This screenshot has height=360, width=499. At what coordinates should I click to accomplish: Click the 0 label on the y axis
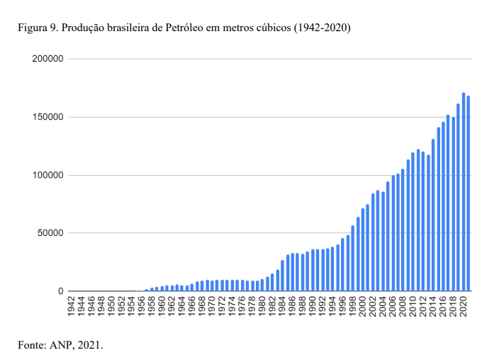tap(61, 291)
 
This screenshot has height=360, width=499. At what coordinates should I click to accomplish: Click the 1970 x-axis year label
tap(213, 305)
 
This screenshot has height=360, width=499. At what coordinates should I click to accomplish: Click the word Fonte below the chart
tap(31, 345)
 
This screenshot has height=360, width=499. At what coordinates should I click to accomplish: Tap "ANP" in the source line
tap(62, 345)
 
